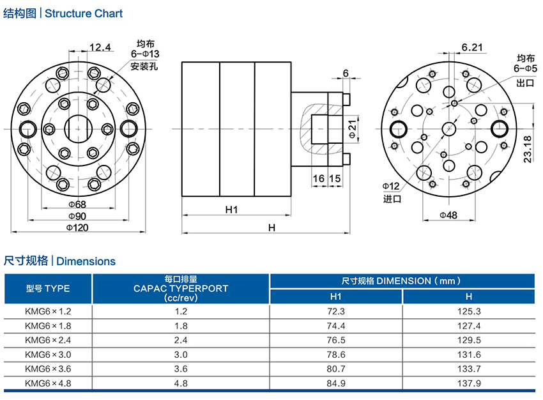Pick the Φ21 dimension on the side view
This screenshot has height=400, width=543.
[353, 128]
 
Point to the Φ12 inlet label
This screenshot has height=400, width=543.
[391, 186]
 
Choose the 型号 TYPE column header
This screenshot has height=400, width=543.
[48, 288]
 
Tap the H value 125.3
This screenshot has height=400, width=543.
[468, 311]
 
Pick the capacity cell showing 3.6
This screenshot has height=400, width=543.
[181, 369]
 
